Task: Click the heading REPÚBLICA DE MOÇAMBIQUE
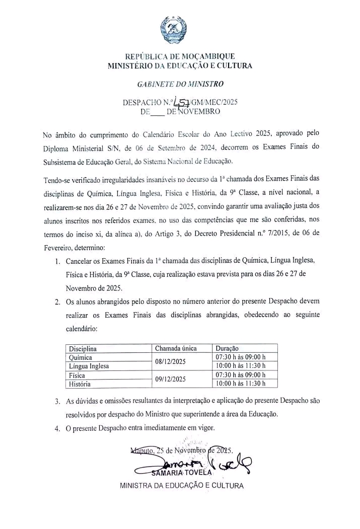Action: [180, 56]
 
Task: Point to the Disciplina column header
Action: [83, 348]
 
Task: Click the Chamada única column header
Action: [176, 348]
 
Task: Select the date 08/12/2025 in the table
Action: [171, 361]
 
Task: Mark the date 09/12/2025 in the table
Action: [171, 380]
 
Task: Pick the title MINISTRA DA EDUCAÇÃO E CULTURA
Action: [181, 486]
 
